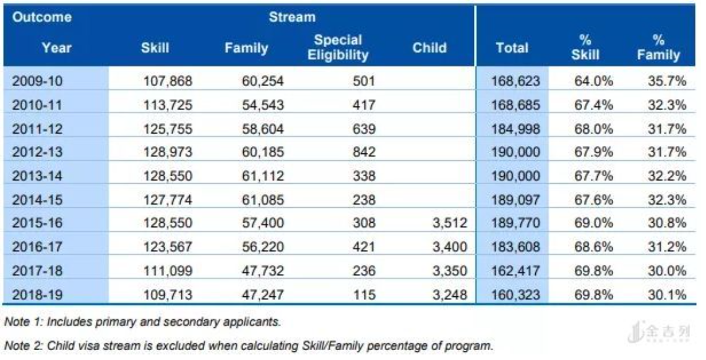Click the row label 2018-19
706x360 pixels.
(x=38, y=293)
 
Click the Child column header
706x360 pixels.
(x=429, y=48)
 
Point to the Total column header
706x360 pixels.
(x=511, y=48)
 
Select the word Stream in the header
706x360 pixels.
(x=291, y=17)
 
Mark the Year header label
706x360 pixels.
(x=56, y=48)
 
